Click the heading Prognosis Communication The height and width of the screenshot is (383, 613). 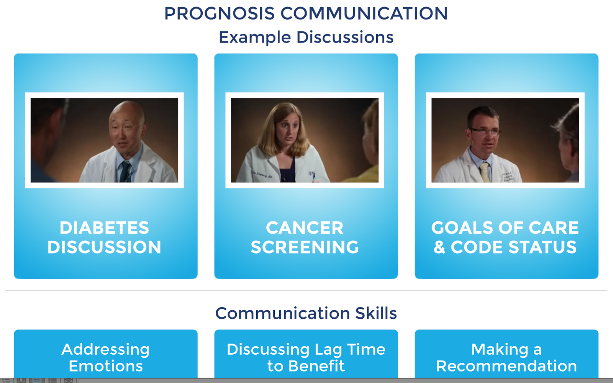point(306,13)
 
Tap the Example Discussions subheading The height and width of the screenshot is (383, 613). point(306,37)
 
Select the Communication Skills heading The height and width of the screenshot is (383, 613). point(306,313)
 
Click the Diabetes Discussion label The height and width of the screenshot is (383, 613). point(104,237)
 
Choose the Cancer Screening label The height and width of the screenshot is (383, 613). point(305,237)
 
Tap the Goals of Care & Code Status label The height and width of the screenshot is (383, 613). point(505,237)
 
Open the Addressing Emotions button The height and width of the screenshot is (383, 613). point(106,354)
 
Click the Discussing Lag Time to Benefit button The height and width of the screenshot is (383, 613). point(306,354)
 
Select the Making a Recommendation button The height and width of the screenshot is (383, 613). point(506,354)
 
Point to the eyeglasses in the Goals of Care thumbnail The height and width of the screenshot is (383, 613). point(485,132)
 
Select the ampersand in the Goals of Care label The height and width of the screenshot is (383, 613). point(439,247)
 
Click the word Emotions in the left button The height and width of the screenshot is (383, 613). point(106,366)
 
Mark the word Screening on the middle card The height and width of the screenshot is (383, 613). point(305,247)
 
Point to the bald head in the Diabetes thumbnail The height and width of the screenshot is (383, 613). point(127,112)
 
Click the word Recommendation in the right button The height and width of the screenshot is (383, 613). point(506,366)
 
